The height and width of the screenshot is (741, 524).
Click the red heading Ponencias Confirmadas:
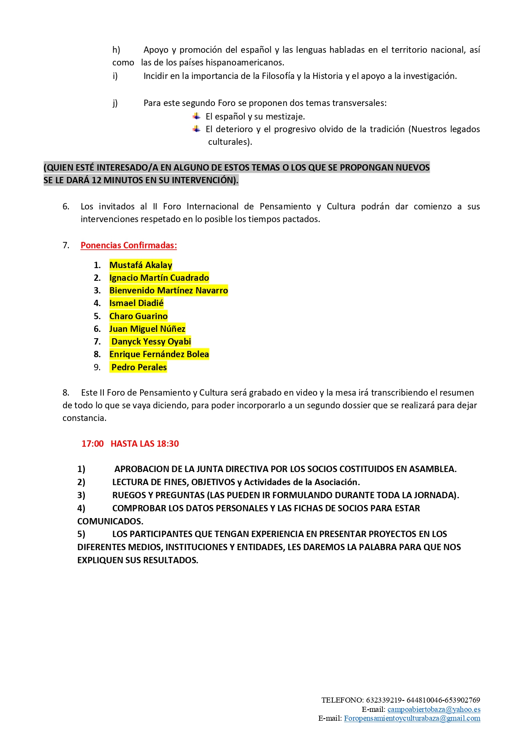128,245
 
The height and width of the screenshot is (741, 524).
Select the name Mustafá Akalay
141,265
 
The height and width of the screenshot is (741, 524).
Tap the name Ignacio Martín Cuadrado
159,278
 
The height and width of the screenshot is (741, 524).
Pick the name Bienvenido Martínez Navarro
168,290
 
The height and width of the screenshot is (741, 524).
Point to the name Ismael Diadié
136,303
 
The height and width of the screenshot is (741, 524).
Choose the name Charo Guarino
138,316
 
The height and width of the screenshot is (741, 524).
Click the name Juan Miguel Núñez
147,329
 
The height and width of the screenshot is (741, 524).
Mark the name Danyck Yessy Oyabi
151,342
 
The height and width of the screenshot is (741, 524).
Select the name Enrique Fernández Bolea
159,354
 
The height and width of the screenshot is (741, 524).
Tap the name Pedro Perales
139,367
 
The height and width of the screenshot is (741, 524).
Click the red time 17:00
92,444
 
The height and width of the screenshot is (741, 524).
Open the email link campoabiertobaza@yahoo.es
434,709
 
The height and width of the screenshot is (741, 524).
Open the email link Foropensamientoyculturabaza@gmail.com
412,718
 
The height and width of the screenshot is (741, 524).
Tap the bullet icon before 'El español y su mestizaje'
197,116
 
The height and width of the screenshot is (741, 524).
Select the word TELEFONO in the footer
342,700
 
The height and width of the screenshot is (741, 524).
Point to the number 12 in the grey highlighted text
96,180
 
